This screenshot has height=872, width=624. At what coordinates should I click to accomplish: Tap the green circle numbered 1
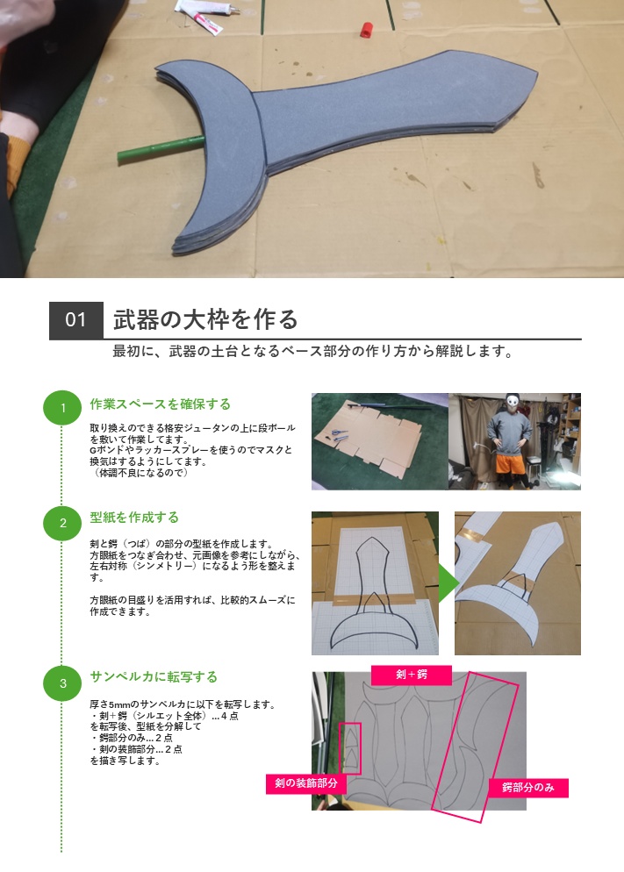[x=62, y=408]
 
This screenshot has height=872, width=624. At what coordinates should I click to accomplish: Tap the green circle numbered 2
[x=62, y=524]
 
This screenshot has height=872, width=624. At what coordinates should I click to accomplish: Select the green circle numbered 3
[x=62, y=683]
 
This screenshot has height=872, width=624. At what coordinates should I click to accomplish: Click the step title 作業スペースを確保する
[x=161, y=404]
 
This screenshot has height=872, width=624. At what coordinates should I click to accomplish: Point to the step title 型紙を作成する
[x=134, y=518]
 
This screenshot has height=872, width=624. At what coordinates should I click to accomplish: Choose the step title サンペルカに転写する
[x=154, y=677]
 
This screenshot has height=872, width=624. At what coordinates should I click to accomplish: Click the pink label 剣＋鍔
[x=412, y=675]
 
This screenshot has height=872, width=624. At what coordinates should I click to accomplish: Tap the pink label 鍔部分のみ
[x=528, y=787]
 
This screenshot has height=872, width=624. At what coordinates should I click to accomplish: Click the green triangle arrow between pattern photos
[x=447, y=583]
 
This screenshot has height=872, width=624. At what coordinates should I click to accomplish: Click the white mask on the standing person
[x=514, y=404]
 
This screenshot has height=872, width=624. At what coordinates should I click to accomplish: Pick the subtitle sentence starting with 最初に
[x=312, y=352]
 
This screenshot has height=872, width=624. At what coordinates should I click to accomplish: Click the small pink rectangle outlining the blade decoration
[x=350, y=747]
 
